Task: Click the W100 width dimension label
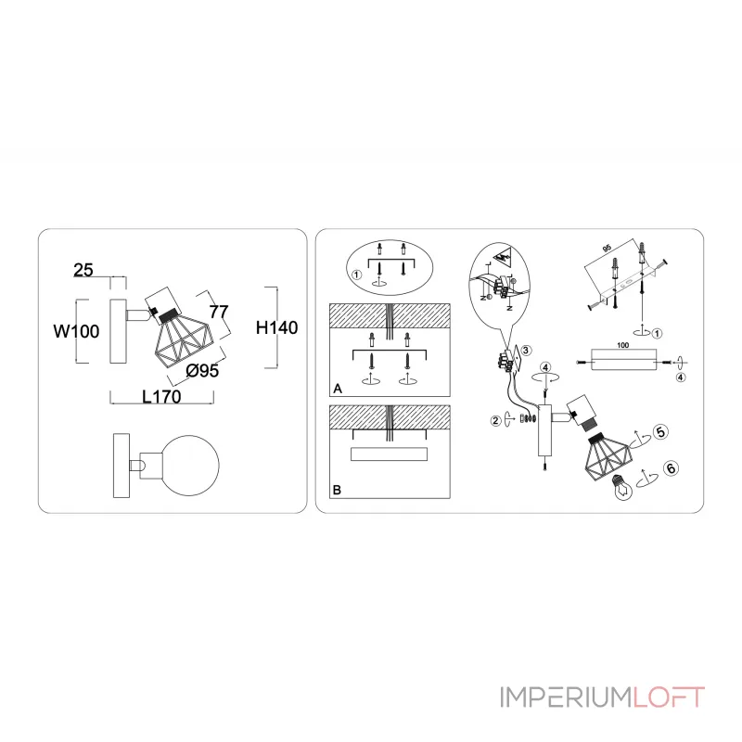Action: click(x=76, y=331)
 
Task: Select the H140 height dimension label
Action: click(x=275, y=327)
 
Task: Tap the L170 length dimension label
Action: click(x=160, y=396)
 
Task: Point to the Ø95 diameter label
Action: click(x=202, y=371)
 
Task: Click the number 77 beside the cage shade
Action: click(x=219, y=311)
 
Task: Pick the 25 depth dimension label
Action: click(x=83, y=270)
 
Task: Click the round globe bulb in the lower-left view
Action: click(x=187, y=460)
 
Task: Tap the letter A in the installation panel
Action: click(x=338, y=390)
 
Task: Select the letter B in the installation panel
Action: click(x=338, y=489)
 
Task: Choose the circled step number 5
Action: click(x=660, y=431)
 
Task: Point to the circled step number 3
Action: click(x=525, y=351)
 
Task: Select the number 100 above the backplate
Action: click(x=623, y=345)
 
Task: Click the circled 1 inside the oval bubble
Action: click(x=356, y=275)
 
